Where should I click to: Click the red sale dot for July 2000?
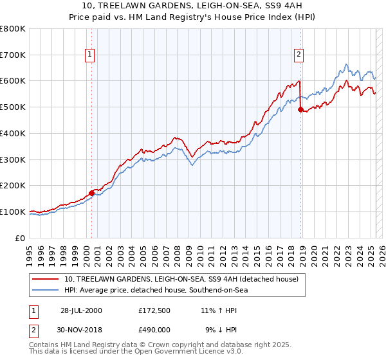pos(92,192)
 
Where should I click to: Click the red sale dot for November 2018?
pos(300,109)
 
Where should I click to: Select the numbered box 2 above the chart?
pos(299,55)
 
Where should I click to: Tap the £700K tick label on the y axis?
pos(13,55)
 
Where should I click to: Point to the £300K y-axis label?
pos(13,159)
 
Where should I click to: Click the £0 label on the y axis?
pos(22,238)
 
